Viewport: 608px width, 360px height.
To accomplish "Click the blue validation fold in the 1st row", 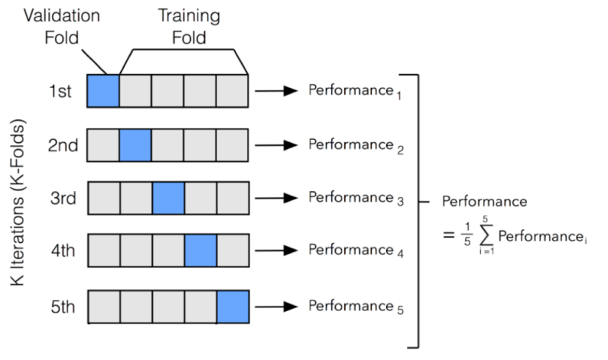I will (103, 91).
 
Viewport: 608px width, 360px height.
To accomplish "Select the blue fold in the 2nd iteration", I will (135, 144).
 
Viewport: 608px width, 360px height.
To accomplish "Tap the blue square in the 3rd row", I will (168, 198).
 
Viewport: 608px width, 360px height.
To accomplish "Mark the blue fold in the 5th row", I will (233, 306).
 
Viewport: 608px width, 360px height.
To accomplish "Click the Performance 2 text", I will (351, 144).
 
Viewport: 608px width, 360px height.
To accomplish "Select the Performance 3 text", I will (351, 198).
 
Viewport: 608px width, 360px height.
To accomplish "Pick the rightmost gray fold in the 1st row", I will (233, 91).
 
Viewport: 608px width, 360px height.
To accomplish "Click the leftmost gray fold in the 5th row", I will (103, 306).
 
